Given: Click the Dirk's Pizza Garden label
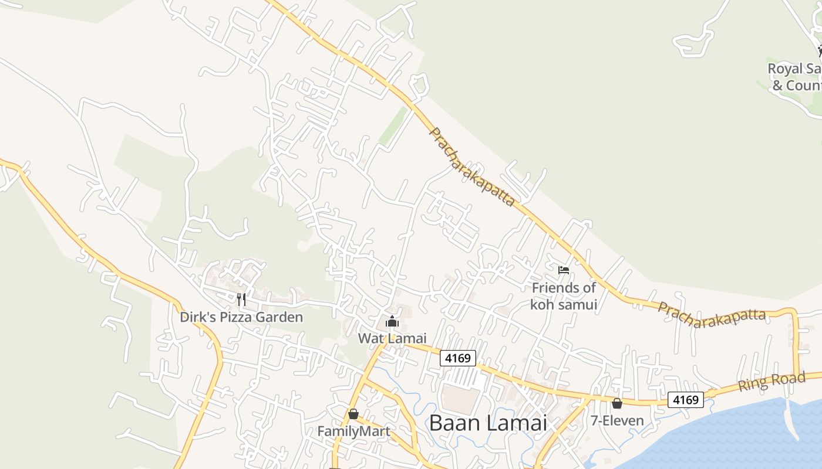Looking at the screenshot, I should (241, 317).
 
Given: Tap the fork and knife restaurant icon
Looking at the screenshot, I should (241, 300).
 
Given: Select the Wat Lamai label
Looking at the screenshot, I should (392, 338).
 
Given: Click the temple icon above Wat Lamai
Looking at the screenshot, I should (392, 321).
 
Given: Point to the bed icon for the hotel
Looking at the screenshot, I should (564, 270).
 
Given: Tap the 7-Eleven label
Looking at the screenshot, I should (617, 420).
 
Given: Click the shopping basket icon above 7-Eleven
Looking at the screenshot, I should (617, 403).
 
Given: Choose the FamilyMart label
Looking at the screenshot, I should (353, 431).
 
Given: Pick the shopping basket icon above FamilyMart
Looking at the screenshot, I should (353, 414).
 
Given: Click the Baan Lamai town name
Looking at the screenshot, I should (488, 422).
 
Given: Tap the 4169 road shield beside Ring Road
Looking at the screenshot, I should (685, 400).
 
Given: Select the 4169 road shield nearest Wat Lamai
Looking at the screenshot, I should (457, 358).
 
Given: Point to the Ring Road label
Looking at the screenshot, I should (772, 382).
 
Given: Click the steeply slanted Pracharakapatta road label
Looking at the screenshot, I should (472, 167).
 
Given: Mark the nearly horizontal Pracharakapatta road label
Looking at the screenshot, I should (712, 315).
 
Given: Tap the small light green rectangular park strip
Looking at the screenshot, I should (393, 126).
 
